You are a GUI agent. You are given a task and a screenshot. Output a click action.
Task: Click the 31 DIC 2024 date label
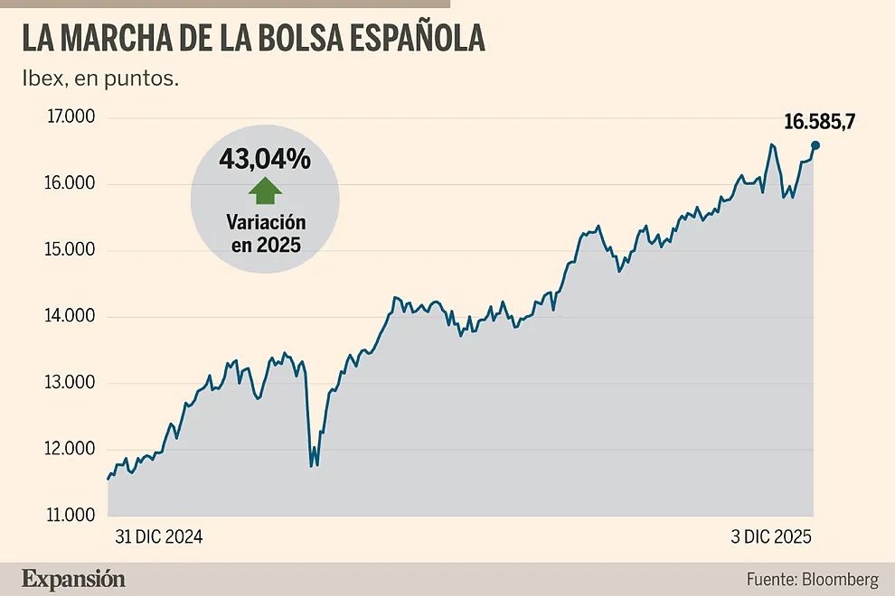click(x=158, y=536)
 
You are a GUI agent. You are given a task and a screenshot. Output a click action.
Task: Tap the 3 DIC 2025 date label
click(x=771, y=536)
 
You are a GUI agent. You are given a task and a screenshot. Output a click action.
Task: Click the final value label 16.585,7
click(x=819, y=122)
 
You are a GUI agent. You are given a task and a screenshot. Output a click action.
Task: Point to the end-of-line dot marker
click(x=815, y=145)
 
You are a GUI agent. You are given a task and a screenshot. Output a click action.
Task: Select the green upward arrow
click(x=264, y=191)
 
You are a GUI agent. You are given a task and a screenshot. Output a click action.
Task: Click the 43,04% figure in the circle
click(x=264, y=160)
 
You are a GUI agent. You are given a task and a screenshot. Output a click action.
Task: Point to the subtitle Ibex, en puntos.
click(x=100, y=79)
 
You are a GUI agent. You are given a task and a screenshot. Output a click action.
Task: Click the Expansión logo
click(x=74, y=579)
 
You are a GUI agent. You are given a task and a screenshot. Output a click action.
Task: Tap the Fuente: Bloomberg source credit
click(x=812, y=579)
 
